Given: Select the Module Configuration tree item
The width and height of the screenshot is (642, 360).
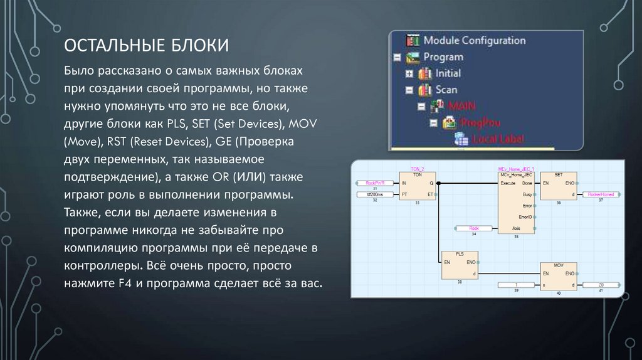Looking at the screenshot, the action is tap(474, 40).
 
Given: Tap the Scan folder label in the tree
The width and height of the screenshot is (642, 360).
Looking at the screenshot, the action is tap(446, 90).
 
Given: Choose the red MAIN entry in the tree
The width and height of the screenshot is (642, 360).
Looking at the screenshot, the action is tap(462, 105).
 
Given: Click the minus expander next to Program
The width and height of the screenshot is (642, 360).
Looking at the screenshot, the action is tap(396, 57).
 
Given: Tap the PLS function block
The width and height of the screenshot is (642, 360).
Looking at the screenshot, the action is tap(460, 266).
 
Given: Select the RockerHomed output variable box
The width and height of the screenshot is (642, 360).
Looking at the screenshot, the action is tap(600, 194).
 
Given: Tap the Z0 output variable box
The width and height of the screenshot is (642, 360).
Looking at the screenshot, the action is tap(600, 285).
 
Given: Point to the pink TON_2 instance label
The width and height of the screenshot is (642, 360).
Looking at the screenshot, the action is tap(418, 169).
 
